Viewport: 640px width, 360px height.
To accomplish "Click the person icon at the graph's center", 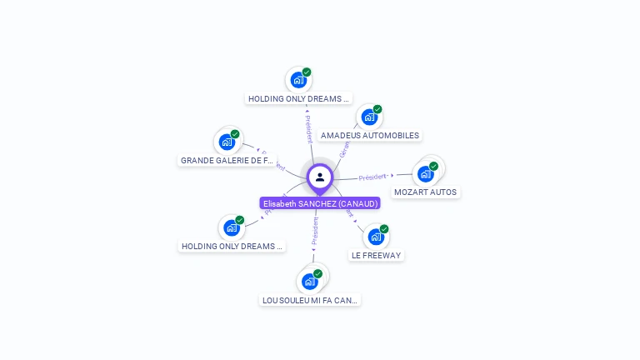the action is [320, 177].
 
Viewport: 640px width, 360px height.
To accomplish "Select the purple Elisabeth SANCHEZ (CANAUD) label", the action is [320, 203].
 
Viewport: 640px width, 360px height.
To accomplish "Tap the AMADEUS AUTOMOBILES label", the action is [370, 136].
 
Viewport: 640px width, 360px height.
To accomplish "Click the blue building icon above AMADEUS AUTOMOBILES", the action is [368, 117].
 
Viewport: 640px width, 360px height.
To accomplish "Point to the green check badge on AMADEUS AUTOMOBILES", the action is [377, 109].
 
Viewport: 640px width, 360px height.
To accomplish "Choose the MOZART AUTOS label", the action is [425, 192].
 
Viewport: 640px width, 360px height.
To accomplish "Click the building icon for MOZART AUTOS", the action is [425, 174].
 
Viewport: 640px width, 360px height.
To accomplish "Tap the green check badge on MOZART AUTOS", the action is [433, 166].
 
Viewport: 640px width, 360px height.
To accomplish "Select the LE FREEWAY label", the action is [376, 256].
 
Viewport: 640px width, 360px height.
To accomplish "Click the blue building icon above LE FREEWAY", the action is [375, 237].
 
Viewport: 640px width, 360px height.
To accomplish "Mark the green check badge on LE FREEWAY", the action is [384, 228].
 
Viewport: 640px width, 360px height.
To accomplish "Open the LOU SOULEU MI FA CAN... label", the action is [311, 300].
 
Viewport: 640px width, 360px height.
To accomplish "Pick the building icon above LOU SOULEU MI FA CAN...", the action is [309, 282].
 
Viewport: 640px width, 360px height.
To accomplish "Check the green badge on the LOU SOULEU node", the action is [317, 273].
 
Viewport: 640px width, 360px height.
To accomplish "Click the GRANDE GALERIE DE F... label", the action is [227, 160].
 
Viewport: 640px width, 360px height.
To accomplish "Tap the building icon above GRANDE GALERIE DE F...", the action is [227, 142].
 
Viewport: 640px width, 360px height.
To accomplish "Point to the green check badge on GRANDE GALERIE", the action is [235, 133].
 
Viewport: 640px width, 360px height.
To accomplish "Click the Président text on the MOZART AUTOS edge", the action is [372, 177].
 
